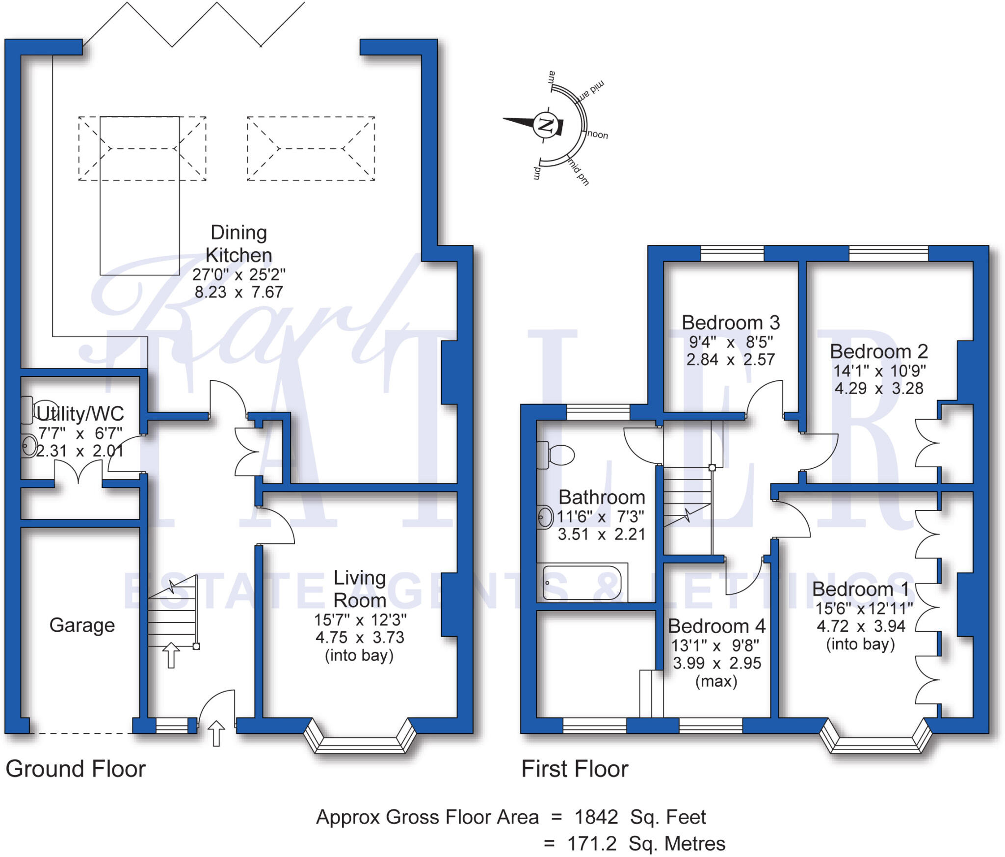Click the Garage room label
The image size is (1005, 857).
pyautogui.click(x=82, y=625)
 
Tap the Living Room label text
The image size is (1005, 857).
pyautogui.click(x=359, y=589)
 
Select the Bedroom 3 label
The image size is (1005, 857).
pyautogui.click(x=730, y=322)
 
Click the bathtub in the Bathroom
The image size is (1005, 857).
pyautogui.click(x=582, y=583)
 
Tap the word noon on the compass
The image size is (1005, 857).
pyautogui.click(x=597, y=134)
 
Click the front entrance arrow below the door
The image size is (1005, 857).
pyautogui.click(x=216, y=733)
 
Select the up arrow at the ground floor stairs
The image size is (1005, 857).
pyautogui.click(x=171, y=655)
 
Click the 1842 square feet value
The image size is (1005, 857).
pyautogui.click(x=596, y=817)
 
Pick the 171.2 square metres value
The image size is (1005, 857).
pyautogui.click(x=591, y=843)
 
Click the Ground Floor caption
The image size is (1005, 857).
pyautogui.click(x=76, y=769)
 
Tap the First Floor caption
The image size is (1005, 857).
pyautogui.click(x=575, y=769)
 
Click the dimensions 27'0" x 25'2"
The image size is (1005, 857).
pyautogui.click(x=238, y=274)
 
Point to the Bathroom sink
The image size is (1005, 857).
pyautogui.click(x=545, y=517)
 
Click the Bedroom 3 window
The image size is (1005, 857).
pyautogui.click(x=732, y=253)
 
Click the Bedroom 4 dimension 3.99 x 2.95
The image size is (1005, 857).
pyautogui.click(x=716, y=663)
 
